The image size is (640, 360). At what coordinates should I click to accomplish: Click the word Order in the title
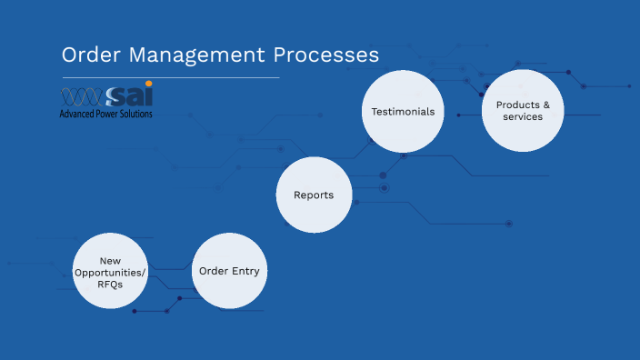point(86,55)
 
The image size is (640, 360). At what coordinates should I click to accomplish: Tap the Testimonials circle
point(403,111)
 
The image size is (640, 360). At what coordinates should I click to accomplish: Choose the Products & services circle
point(523,111)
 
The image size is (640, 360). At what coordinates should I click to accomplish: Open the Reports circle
point(314,195)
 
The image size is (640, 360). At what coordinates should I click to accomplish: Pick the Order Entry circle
point(229,271)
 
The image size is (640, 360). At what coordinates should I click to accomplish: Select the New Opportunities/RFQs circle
point(110,272)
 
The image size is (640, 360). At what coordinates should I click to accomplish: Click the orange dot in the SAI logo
point(148,85)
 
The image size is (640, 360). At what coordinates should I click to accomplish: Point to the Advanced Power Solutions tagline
point(105,115)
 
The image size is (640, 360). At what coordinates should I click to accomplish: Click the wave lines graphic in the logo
point(81,97)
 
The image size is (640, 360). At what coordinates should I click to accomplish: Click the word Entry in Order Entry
point(245,271)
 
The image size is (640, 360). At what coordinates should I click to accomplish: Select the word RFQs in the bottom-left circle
point(110,284)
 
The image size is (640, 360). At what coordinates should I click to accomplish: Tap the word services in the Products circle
point(523,117)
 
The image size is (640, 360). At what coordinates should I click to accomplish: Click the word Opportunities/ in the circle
point(110,272)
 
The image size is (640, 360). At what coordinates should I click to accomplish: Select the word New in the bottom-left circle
point(110,260)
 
